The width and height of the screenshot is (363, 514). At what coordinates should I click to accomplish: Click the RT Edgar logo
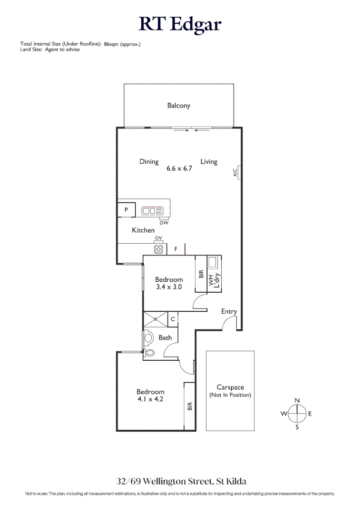pyautogui.click(x=180, y=24)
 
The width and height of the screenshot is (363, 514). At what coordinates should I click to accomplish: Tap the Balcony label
pyautogui.click(x=178, y=106)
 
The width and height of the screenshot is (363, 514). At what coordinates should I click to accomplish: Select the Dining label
pyautogui.click(x=149, y=162)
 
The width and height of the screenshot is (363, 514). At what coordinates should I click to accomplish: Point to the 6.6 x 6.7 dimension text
pyautogui.click(x=179, y=168)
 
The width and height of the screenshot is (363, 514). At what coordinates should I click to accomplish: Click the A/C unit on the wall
pyautogui.click(x=236, y=172)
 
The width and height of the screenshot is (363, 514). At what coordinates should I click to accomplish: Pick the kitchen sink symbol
pyautogui.click(x=153, y=210)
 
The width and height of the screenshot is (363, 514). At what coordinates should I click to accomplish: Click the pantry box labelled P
pyautogui.click(x=127, y=210)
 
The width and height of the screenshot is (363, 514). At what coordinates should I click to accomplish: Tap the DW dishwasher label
pyautogui.click(x=164, y=223)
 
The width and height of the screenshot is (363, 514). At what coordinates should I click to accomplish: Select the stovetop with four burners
pyautogui.click(x=158, y=248)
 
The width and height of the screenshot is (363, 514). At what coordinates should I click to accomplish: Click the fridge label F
pyautogui.click(x=176, y=249)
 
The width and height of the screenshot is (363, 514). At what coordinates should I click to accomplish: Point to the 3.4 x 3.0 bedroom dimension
pyautogui.click(x=169, y=287)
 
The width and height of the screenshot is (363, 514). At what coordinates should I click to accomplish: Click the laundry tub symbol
pyautogui.click(x=213, y=262)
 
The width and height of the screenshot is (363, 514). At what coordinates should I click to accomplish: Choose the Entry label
pyautogui.click(x=229, y=312)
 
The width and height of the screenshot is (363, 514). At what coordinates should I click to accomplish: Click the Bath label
pyautogui.click(x=165, y=338)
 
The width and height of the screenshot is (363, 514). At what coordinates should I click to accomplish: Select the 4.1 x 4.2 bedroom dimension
pyautogui.click(x=150, y=400)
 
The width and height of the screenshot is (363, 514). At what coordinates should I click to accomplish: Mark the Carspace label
pyautogui.click(x=230, y=387)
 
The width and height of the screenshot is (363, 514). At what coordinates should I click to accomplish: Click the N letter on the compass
pyautogui.click(x=297, y=400)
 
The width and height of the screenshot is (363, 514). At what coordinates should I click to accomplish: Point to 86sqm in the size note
pyautogui.click(x=110, y=44)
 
